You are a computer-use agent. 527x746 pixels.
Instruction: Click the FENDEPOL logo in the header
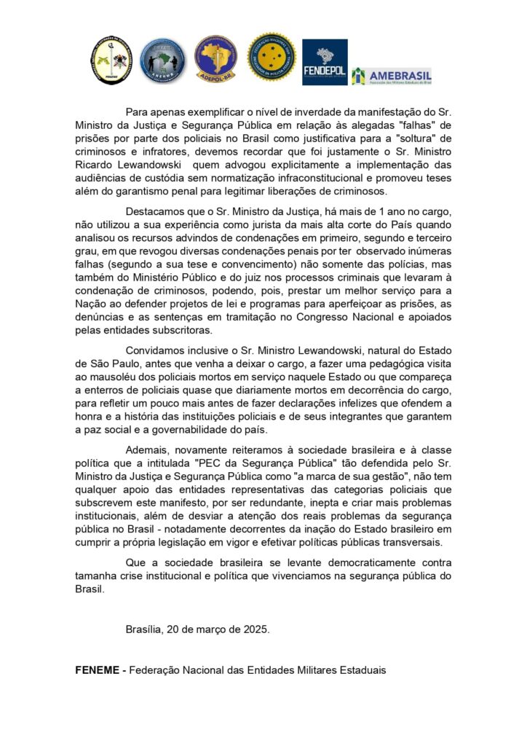coord(325,61)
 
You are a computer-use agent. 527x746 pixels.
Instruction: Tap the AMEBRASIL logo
coord(392,76)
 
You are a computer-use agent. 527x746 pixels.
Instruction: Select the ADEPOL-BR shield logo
coord(215,58)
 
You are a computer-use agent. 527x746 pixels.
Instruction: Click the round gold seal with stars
coord(272,57)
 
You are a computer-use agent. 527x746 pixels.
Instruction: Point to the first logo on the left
coord(111,60)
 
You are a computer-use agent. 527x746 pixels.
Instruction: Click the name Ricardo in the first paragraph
coord(95,164)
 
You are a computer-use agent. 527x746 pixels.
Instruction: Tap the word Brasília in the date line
coord(143,629)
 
